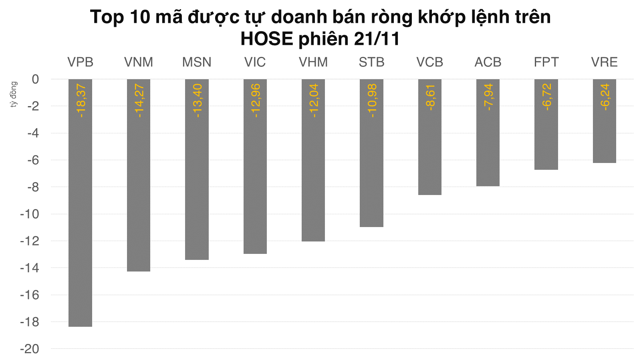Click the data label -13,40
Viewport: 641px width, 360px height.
[x=197, y=101]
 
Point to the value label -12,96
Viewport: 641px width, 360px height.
[x=255, y=101]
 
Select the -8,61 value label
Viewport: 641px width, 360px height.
[x=430, y=97]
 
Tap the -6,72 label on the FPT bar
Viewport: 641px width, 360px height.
[x=546, y=97]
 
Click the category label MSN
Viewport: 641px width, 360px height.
[x=197, y=62]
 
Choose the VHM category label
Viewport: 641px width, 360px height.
[x=313, y=62]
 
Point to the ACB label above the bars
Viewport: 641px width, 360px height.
[x=488, y=62]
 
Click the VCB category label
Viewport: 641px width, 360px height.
[x=430, y=62]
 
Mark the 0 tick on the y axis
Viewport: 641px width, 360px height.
[x=36, y=79]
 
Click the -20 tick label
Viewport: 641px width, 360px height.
[x=30, y=349]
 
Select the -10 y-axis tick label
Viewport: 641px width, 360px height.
[x=30, y=214]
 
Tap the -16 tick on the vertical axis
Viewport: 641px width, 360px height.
[x=30, y=295]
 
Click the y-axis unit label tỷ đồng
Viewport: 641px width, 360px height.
[x=14, y=95]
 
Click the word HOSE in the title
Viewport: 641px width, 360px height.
[x=266, y=39]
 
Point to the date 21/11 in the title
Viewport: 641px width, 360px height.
[x=377, y=39]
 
